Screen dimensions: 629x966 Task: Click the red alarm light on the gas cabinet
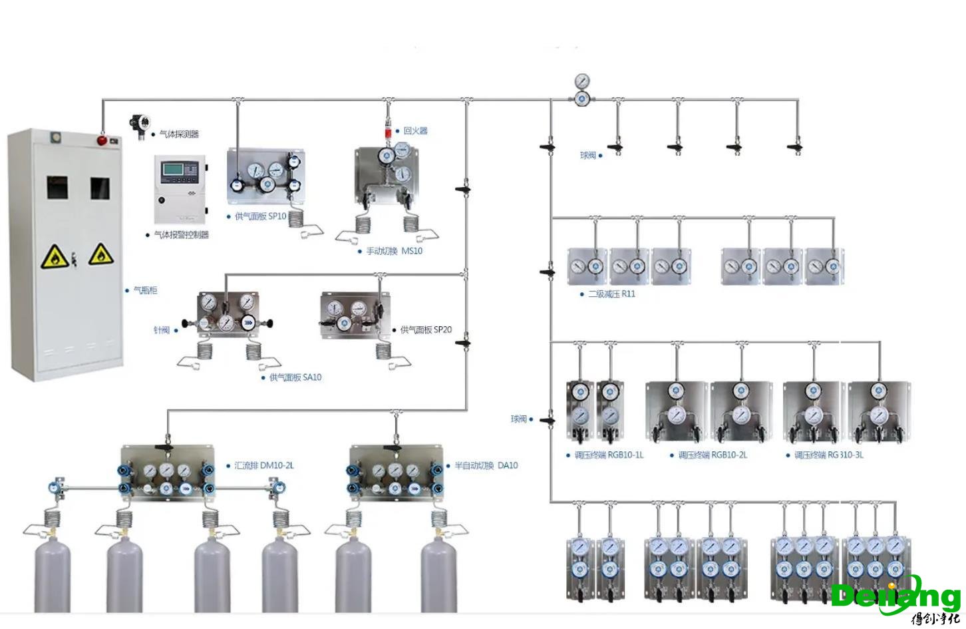[102, 140]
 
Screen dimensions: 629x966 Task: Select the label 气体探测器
[179, 134]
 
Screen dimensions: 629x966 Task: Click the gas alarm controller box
[180, 188]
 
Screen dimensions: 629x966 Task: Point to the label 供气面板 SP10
[260, 216]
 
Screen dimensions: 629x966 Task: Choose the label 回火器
[415, 131]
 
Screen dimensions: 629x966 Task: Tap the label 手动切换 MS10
[394, 251]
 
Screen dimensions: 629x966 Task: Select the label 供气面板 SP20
[426, 329]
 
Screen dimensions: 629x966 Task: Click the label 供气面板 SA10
[295, 377]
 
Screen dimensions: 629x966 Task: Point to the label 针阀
[162, 330]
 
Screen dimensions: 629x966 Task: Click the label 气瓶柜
[145, 291]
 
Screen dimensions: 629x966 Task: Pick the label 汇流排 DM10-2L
[263, 465]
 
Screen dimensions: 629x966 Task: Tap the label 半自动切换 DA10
[486, 465]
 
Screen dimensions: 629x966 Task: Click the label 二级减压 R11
[611, 294]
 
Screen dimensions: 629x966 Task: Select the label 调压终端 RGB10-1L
[609, 455]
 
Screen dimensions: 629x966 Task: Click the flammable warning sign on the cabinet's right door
[100, 254]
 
